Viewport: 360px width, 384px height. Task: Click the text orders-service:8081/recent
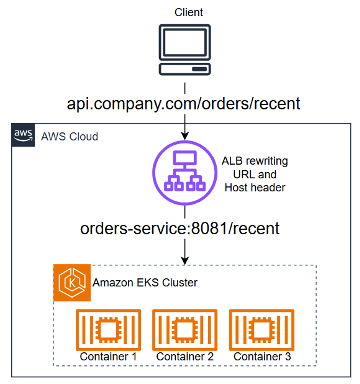click(181, 229)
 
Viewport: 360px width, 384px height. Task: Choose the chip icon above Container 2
click(184, 328)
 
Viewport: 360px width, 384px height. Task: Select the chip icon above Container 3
click(261, 328)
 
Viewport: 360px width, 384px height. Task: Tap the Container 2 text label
click(184, 356)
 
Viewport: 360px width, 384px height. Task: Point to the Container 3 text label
click(261, 356)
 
